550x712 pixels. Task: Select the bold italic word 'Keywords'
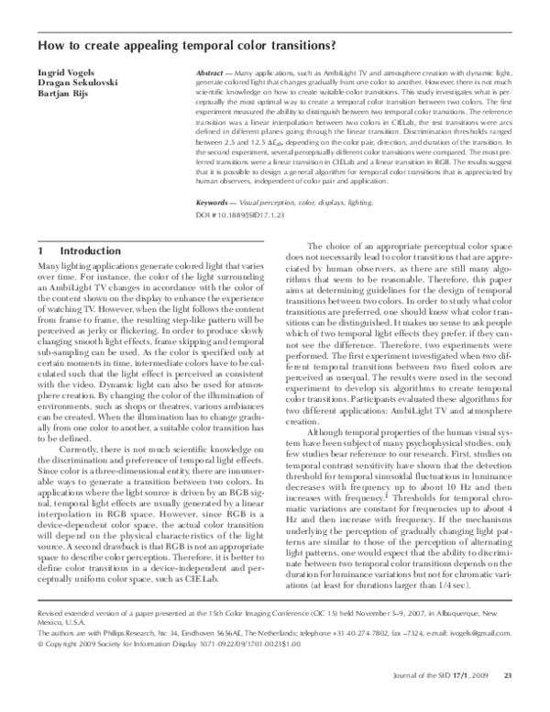click(x=216, y=201)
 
